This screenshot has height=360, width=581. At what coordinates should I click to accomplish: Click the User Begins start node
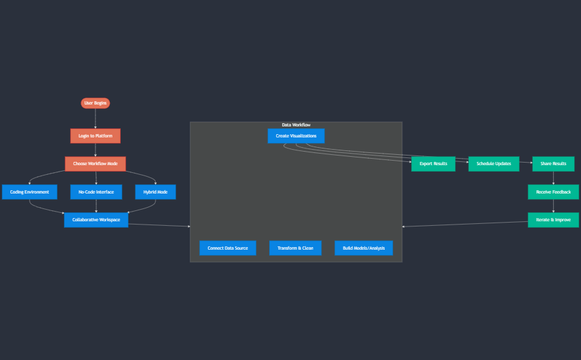pos(96,103)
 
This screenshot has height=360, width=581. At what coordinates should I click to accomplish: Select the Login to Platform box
pos(96,136)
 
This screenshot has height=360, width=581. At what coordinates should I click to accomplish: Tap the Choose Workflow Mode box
pos(96,164)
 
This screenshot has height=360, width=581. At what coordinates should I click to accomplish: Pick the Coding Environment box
pos(30,192)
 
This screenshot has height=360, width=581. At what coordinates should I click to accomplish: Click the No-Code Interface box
pos(96,192)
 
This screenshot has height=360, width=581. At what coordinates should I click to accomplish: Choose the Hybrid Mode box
pos(156,192)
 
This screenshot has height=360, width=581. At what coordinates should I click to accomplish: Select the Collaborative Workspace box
pos(96,220)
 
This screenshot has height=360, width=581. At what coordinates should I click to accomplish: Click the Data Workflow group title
pos(296,125)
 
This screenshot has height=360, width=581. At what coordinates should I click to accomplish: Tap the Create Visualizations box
pos(296,136)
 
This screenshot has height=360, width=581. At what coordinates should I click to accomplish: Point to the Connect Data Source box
pos(228,248)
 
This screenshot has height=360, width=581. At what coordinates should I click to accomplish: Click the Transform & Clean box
pos(295,248)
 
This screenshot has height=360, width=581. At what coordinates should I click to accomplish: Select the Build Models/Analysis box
pos(363,248)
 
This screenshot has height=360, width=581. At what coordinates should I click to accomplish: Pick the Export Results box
pos(433,164)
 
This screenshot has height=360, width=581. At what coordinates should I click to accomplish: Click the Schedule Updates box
pos(494,164)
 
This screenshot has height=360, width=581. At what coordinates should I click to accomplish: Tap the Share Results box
pos(553,164)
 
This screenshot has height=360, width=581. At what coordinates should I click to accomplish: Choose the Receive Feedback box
pos(553,192)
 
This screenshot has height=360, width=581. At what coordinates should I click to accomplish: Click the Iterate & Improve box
pos(553,220)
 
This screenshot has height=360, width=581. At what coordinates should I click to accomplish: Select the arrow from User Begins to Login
pos(96,119)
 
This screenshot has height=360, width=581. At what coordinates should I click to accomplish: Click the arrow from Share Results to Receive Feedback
pos(553,178)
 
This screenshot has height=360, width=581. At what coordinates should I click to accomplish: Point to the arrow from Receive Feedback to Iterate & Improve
pos(553,206)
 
